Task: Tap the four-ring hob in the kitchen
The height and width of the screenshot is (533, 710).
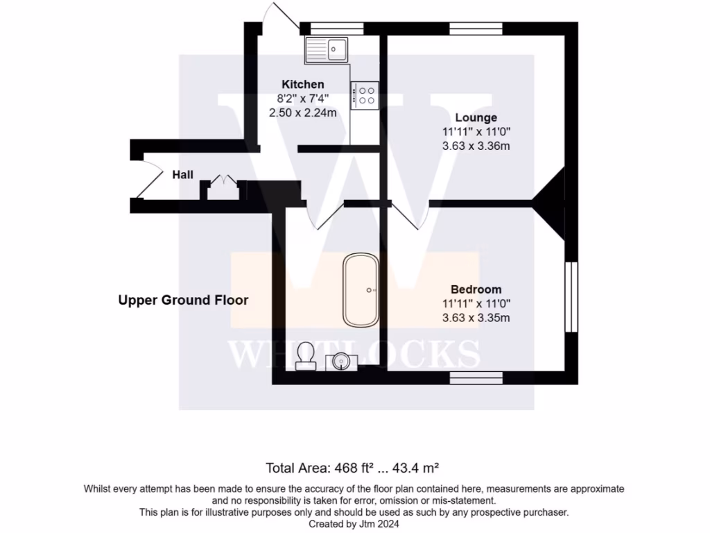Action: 365,94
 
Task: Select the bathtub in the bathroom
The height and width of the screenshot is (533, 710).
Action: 361,290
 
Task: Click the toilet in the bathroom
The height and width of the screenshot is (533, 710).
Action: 305,357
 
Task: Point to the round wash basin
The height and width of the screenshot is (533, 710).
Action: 340,362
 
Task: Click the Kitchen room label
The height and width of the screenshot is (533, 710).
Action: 302,84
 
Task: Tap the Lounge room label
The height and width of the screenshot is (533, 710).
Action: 476,117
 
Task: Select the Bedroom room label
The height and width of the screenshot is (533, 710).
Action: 476,289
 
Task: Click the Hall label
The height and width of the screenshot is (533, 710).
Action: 183,175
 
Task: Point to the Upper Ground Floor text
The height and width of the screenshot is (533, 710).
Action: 183,300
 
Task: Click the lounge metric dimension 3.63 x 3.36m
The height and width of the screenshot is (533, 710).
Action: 476,146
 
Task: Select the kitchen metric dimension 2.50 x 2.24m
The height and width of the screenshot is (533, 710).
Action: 302,112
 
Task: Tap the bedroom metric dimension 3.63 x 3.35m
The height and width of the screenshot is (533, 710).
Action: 476,318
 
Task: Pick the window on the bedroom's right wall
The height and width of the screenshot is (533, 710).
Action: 571,297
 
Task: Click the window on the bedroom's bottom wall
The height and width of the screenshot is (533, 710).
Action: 476,378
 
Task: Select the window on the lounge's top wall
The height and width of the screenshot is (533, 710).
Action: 476,28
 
